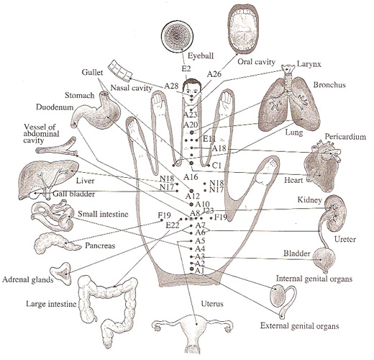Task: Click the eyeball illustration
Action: point(177,37)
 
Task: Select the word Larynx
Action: point(309,64)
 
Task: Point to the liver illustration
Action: point(48,179)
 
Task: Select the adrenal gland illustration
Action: point(61,274)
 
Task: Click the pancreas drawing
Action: point(57,243)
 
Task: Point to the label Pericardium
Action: point(345,137)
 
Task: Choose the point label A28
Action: point(171,86)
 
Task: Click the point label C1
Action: point(216,166)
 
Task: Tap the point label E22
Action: point(173,225)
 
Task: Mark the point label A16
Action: point(191,177)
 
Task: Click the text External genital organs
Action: point(299,325)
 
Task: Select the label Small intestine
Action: point(103,214)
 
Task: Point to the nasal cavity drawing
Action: point(120,70)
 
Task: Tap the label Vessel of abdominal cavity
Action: point(41,133)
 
